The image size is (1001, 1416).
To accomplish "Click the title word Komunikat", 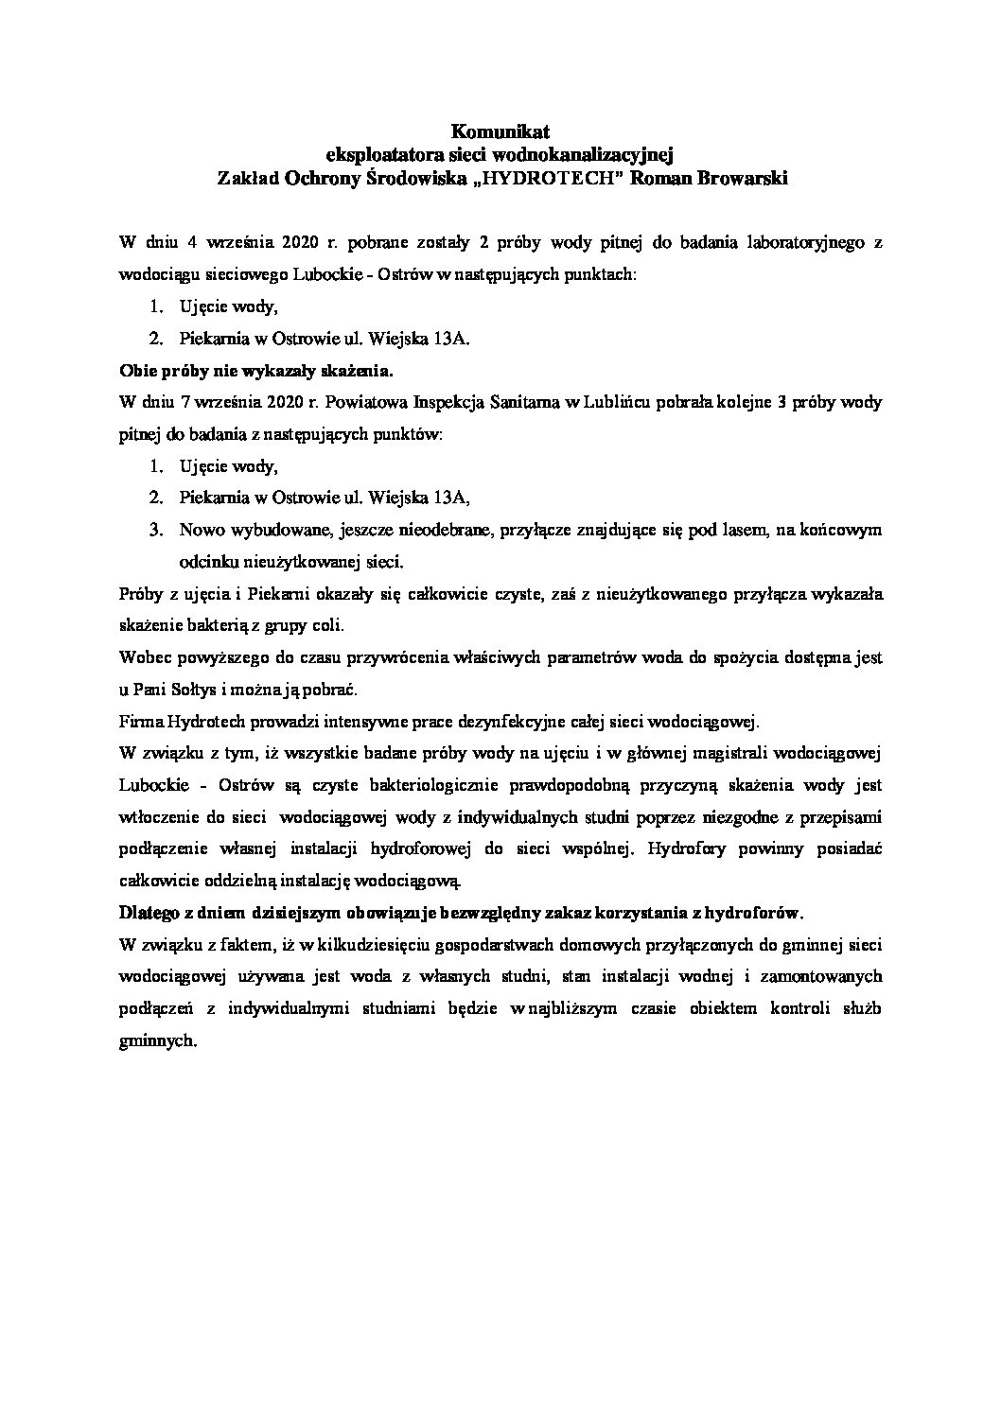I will pos(500,131).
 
